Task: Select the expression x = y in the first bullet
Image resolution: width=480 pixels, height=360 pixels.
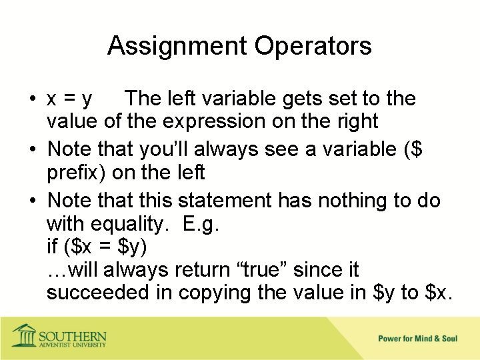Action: (x=69, y=99)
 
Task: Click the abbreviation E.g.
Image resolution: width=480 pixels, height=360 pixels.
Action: (x=200, y=225)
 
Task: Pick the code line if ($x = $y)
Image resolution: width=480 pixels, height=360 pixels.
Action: (x=97, y=247)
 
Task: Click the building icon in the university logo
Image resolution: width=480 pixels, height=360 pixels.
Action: (x=25, y=335)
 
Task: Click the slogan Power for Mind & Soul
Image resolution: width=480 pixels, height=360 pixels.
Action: (x=418, y=339)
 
